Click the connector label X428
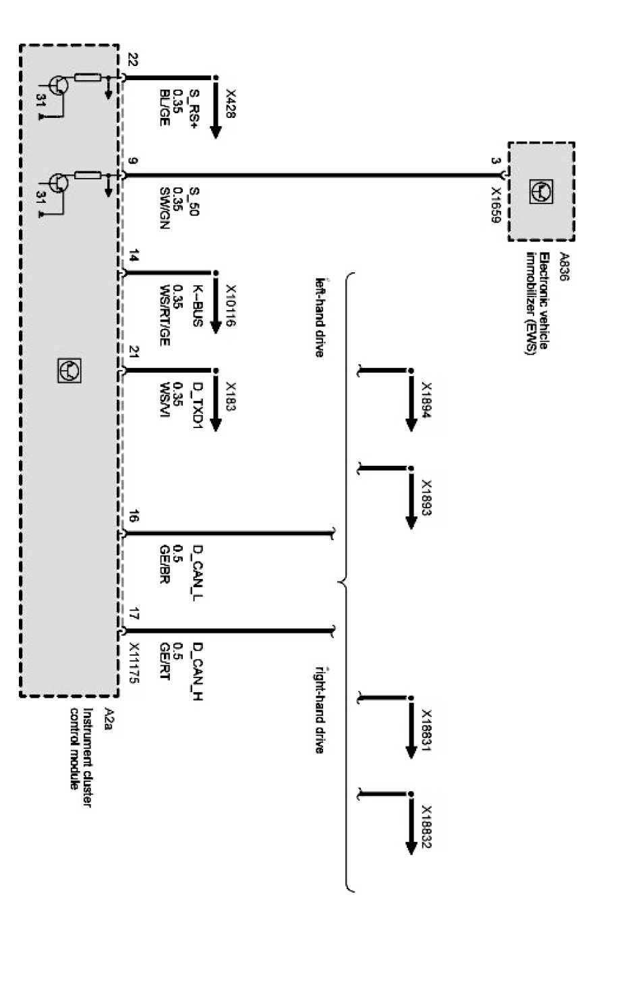(x=230, y=104)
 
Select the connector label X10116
(x=230, y=304)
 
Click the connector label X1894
(x=426, y=400)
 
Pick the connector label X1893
(x=426, y=497)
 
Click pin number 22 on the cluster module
(x=132, y=60)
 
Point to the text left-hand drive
(x=320, y=316)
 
